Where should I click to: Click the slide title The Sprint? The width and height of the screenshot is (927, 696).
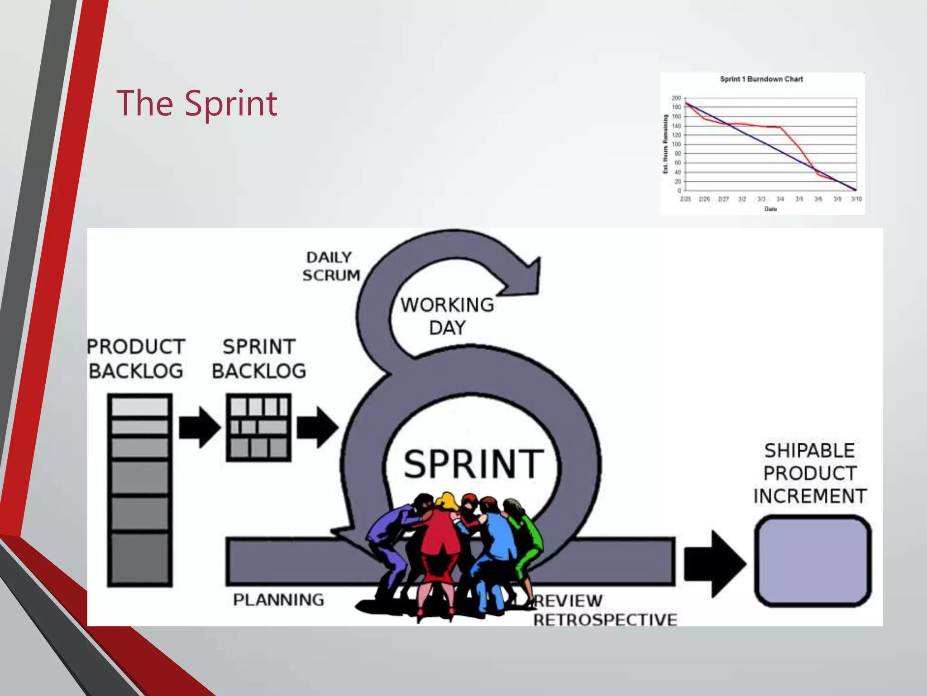coord(196,103)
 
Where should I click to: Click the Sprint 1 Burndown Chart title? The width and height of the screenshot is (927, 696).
coord(761,79)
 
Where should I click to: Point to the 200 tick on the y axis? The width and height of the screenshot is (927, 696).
coord(676,98)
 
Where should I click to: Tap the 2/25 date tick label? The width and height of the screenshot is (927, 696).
coord(685,199)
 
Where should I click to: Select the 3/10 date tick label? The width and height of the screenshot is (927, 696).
coord(856,199)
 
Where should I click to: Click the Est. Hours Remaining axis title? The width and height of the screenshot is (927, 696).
coord(665,144)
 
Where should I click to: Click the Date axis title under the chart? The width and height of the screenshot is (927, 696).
coord(770,209)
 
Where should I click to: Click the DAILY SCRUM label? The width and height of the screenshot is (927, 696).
coord(331,266)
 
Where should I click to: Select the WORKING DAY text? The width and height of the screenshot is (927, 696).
coord(447,316)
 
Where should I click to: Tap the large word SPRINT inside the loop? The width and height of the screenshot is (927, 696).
coord(473,464)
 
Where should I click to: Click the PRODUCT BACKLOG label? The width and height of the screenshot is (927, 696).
coord(136,359)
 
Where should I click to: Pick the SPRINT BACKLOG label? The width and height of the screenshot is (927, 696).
coord(259,359)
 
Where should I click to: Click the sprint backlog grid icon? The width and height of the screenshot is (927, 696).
coord(258,428)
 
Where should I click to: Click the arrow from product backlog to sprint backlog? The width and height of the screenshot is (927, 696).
coord(199,427)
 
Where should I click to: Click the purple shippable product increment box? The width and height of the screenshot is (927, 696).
coord(812,561)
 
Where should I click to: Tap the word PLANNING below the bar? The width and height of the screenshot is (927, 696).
coord(278,600)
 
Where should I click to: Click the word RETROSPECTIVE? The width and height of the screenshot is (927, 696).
coord(605,619)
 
